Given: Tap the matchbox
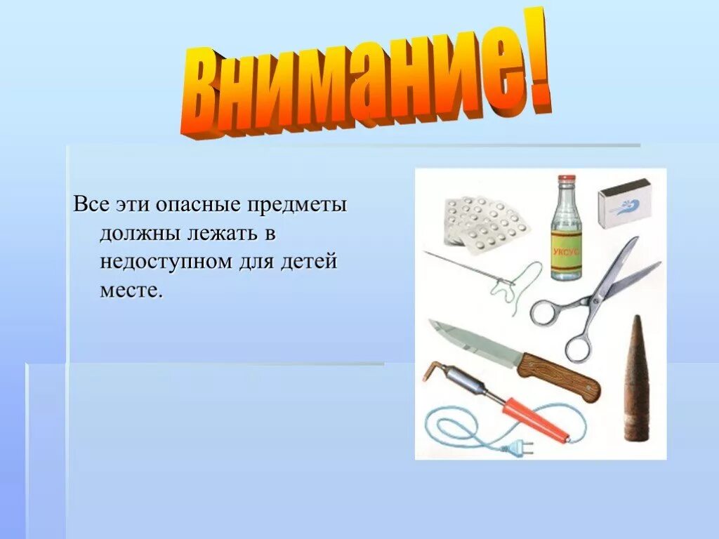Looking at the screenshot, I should click(x=624, y=202).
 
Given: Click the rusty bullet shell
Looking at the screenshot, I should click(x=636, y=379).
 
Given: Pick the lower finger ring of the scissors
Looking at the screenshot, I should click(x=577, y=346).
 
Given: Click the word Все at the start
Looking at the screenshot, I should click(x=88, y=206).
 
